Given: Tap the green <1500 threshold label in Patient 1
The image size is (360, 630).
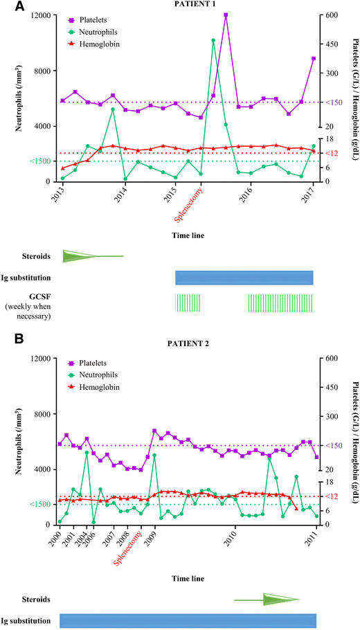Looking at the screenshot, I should (x=39, y=161).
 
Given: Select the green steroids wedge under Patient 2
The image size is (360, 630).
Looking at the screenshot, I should (x=277, y=600).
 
